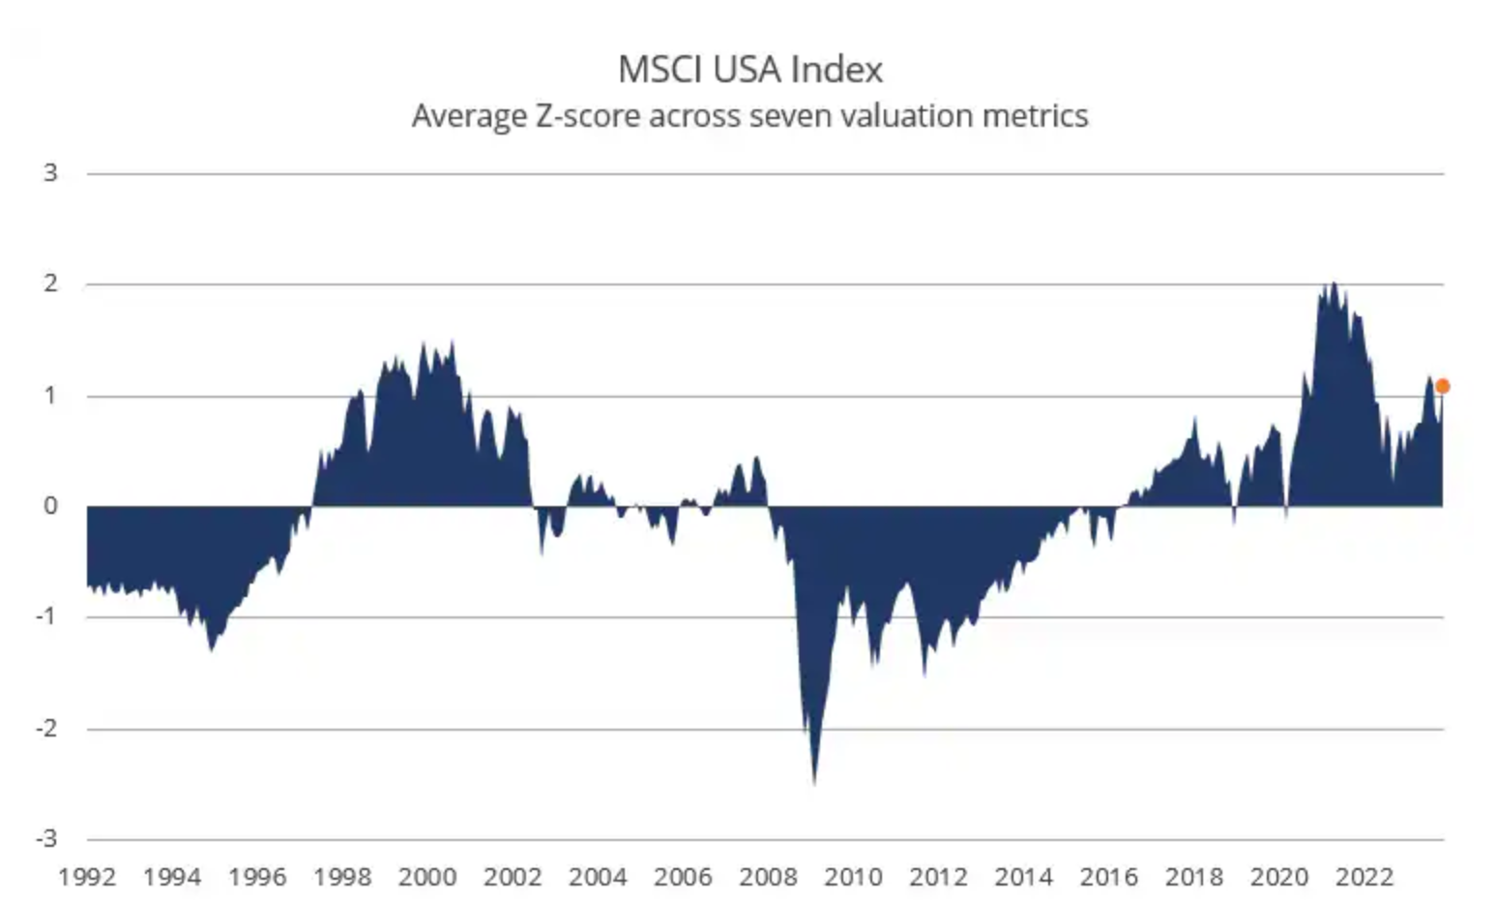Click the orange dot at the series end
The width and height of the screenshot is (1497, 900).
tap(1442, 386)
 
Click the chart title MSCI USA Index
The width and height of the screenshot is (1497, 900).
tap(749, 70)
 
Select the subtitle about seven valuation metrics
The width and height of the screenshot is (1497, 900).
tap(749, 116)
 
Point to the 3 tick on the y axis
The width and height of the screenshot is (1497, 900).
tap(50, 173)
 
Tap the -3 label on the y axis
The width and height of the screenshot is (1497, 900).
tap(46, 838)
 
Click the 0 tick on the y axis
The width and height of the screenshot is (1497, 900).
tap(50, 505)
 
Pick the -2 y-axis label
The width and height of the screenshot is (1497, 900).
tap(46, 728)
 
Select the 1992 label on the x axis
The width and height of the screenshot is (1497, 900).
tap(87, 877)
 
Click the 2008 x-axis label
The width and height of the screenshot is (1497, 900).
tap(768, 877)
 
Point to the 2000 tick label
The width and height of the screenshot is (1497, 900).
tap(427, 877)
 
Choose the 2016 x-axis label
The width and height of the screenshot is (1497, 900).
tap(1108, 877)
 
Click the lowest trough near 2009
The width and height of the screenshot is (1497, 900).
tap(814, 780)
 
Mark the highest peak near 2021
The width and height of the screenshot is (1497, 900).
tap(1334, 285)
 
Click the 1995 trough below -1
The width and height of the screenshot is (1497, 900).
tap(211, 647)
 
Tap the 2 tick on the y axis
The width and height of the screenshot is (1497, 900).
tap(50, 284)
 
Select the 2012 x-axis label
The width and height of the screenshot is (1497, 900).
tap(938, 877)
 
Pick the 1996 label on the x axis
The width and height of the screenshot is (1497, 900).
tap(257, 877)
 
